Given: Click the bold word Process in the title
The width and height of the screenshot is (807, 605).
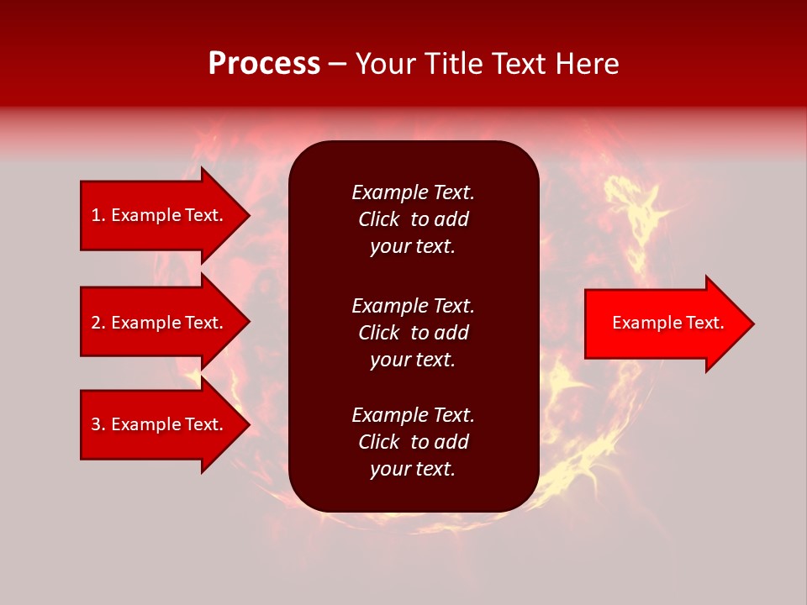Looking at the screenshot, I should [x=264, y=64].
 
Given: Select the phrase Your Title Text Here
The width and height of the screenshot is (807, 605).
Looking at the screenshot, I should [x=487, y=64].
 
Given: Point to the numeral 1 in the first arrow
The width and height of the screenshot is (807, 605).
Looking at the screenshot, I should [x=96, y=215].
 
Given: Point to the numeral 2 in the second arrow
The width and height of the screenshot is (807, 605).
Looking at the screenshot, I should [x=96, y=323].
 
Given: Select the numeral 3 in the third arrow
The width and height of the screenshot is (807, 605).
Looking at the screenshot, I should [x=96, y=424].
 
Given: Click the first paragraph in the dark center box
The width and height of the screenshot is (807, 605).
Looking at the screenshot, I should [x=413, y=219].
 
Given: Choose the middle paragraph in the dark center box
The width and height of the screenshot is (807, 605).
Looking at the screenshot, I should [x=413, y=333].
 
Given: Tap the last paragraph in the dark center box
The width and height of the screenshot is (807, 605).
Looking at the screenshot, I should [x=413, y=442].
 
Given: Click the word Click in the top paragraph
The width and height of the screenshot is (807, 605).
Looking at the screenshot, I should [x=378, y=219].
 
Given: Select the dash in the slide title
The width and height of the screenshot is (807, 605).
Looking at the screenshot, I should [x=337, y=64].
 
